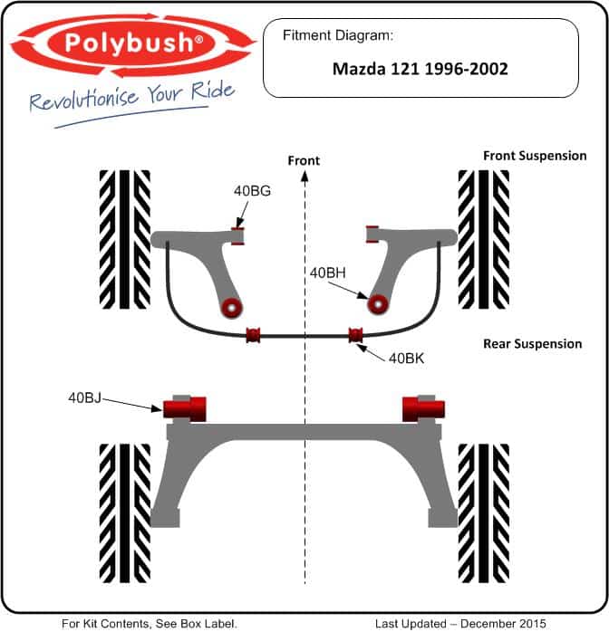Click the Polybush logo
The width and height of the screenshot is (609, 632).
(133, 45)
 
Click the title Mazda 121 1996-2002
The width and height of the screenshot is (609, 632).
(420, 69)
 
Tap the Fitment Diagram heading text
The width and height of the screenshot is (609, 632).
(337, 35)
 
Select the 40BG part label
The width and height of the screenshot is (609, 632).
(252, 191)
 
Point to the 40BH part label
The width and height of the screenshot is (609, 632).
(327, 273)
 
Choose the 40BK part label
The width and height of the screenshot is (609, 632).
(406, 358)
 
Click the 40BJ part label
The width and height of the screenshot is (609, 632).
(84, 397)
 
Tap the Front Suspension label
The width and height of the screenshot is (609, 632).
(535, 156)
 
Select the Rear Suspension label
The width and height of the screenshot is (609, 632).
(532, 344)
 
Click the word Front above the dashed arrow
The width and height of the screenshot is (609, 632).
(304, 161)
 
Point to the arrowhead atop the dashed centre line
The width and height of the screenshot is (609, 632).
(304, 176)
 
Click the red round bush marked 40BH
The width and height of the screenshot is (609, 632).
(378, 305)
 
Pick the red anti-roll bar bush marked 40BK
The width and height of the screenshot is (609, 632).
(355, 335)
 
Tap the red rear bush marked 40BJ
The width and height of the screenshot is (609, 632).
(184, 409)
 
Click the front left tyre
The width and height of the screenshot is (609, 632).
(125, 239)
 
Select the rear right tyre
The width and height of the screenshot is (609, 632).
(484, 513)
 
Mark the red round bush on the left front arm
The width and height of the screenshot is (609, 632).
(231, 308)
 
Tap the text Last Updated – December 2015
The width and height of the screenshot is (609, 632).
(460, 624)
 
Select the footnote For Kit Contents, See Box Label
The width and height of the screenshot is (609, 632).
(149, 624)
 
